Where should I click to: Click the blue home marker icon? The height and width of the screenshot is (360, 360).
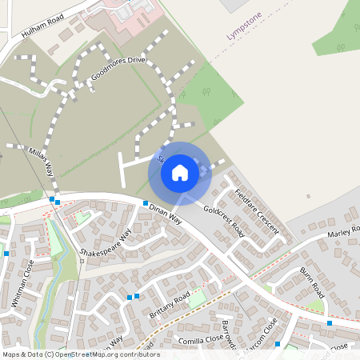point(180,173)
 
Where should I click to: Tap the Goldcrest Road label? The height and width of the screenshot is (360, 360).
point(223,218)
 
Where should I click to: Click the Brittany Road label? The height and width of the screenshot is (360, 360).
point(170,306)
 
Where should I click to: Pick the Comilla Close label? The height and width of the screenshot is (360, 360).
point(196,339)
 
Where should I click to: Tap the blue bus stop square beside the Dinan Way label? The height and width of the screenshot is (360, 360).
point(145,203)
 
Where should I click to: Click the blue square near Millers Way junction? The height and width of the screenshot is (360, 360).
point(52,199)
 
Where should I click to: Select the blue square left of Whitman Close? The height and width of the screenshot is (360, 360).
point(6,253)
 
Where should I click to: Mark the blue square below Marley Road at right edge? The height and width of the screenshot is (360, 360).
point(330,323)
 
